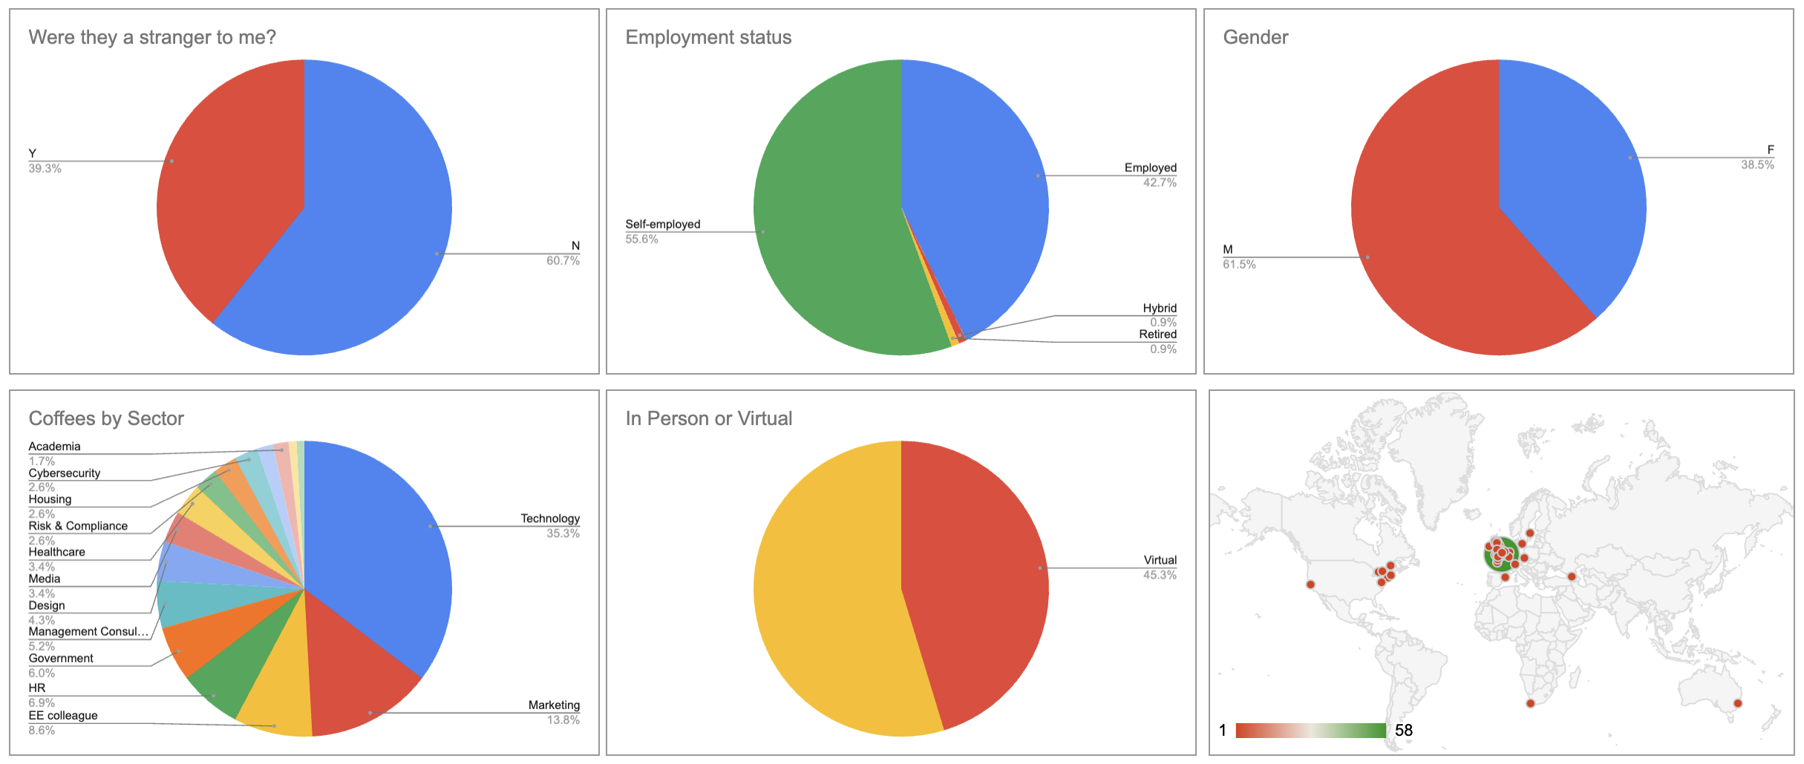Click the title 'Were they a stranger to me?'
click(x=152, y=37)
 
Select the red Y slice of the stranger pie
click(x=223, y=185)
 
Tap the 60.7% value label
click(x=563, y=261)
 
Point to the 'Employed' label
click(x=1150, y=168)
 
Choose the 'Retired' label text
click(x=1157, y=335)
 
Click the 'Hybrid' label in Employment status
click(x=1159, y=308)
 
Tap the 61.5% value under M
click(x=1239, y=265)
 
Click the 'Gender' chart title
click(x=1255, y=37)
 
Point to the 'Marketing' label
click(x=554, y=705)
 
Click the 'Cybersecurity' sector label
click(x=65, y=473)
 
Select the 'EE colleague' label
click(x=63, y=716)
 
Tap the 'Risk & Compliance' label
click(x=78, y=526)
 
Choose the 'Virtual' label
click(x=1160, y=560)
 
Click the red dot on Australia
click(x=1737, y=703)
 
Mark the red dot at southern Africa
click(x=1530, y=703)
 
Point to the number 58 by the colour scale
click(x=1404, y=731)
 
